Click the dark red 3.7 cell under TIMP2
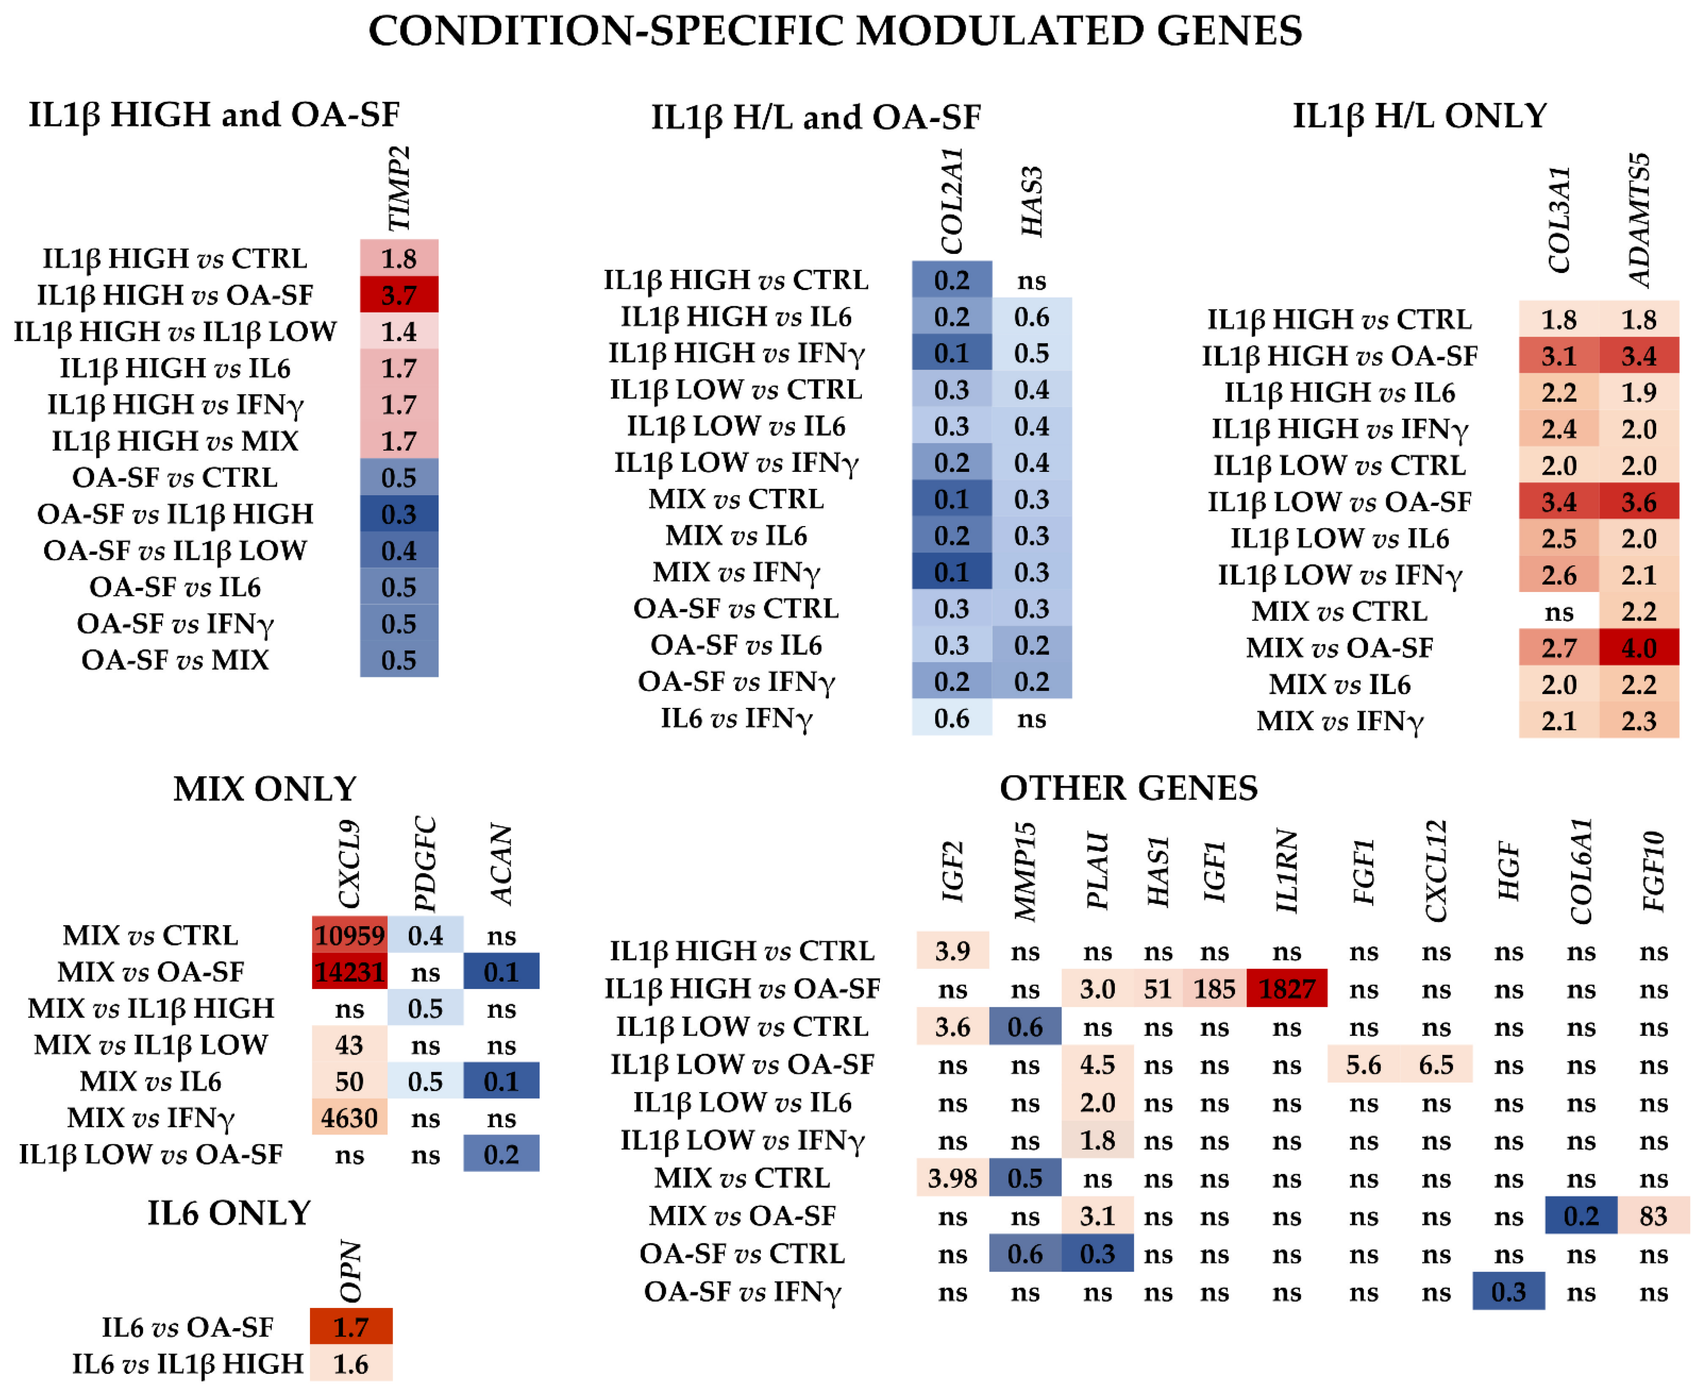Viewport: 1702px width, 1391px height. click(399, 295)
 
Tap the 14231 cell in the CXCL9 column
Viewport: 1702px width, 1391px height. click(349, 972)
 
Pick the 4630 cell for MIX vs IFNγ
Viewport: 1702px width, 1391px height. click(349, 1118)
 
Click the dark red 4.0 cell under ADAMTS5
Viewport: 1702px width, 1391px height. click(1639, 647)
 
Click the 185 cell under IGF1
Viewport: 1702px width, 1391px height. click(1214, 989)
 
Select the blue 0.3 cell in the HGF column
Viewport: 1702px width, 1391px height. click(1508, 1292)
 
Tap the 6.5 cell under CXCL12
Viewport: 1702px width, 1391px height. click(1436, 1065)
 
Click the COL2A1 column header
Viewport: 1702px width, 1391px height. click(952, 202)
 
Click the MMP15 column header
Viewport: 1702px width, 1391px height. click(1025, 872)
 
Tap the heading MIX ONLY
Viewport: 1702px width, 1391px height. click(265, 789)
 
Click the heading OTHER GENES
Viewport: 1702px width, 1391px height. click(1129, 789)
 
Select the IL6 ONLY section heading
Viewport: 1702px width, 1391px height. click(229, 1213)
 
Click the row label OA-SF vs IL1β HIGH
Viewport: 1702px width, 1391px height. click(175, 514)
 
